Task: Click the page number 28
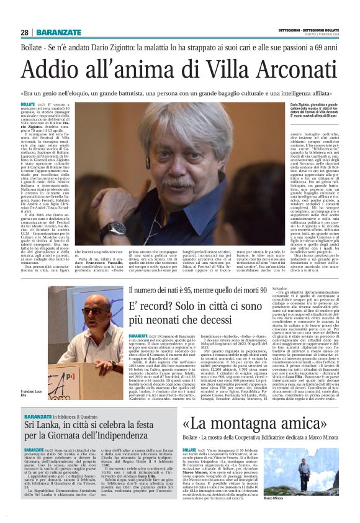pos(25,32)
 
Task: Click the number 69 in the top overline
pos(314,48)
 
